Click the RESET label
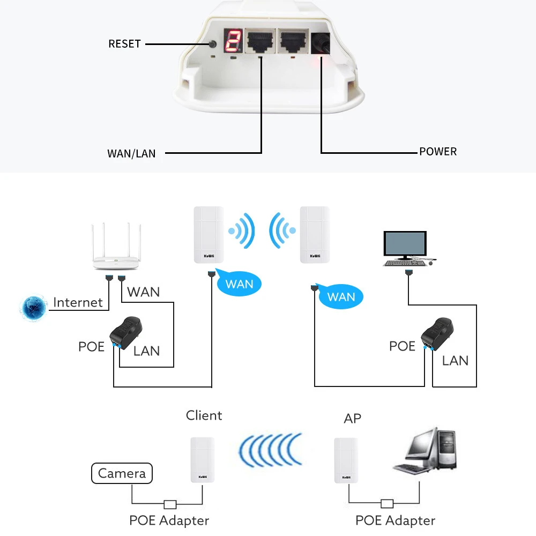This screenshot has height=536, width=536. click(124, 44)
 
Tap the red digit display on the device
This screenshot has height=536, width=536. click(234, 40)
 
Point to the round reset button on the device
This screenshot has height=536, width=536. click(213, 44)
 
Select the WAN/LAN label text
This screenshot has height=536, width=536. click(131, 153)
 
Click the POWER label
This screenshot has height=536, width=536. click(438, 152)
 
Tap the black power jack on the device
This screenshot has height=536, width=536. click(321, 43)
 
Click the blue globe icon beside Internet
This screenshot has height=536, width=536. click(33, 308)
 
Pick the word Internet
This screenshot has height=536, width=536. click(78, 302)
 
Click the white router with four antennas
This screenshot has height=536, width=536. click(116, 246)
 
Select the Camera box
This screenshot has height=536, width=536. click(122, 473)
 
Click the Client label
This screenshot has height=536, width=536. click(204, 415)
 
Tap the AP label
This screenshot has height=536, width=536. click(353, 419)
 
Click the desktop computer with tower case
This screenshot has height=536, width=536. click(425, 451)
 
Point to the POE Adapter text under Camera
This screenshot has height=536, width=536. click(169, 520)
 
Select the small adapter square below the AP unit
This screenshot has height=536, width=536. click(387, 503)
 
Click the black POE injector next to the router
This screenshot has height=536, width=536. click(126, 333)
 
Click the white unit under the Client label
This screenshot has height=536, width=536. click(203, 460)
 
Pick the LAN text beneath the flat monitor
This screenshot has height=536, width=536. click(455, 361)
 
